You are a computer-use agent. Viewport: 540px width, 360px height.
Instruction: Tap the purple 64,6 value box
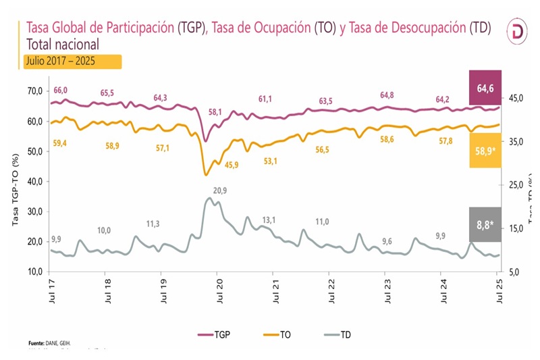[x=485, y=87]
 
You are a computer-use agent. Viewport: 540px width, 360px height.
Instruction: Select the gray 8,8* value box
[x=485, y=225]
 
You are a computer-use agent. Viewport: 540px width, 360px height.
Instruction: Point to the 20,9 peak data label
[x=219, y=191]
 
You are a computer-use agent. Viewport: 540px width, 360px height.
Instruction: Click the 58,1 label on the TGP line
[x=215, y=111]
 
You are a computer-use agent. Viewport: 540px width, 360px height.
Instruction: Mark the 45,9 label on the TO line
[x=232, y=164]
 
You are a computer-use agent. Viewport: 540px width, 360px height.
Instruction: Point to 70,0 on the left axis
[x=34, y=91]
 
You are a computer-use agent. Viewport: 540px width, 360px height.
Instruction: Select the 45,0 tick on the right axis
[x=516, y=99]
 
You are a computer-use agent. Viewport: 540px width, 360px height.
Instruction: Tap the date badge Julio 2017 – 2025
[x=72, y=61]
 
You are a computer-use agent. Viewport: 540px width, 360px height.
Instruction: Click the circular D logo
[x=518, y=32]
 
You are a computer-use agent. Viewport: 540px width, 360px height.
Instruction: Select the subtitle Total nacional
[x=63, y=45]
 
